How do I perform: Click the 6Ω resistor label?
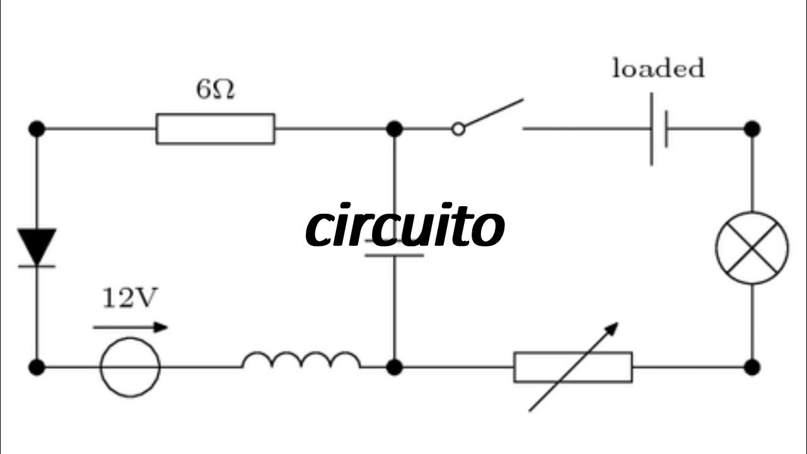coord(215,90)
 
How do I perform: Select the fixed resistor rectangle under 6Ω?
coord(215,129)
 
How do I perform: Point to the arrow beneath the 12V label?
coord(130,327)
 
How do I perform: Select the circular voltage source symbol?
coord(130,366)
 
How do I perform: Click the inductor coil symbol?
coord(301,360)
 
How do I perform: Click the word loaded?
coord(658,68)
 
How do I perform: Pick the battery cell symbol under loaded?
coord(659,129)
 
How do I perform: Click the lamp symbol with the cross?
coord(752,247)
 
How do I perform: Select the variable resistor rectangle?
coord(572,367)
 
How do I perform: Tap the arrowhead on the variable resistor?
coord(612,329)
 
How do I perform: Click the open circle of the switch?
coord(458,129)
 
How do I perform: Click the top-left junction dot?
coord(37,129)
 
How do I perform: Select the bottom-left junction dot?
coord(37,366)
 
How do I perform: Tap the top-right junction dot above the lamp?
coord(752,129)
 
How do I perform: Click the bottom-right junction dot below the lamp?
coord(752,366)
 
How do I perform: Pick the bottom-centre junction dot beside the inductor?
coord(394,366)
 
